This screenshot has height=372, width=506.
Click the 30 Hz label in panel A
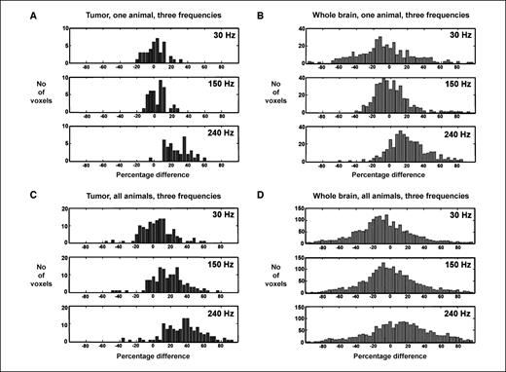pyautogui.click(x=219, y=40)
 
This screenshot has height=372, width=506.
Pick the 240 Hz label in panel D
pyautogui.click(x=473, y=315)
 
